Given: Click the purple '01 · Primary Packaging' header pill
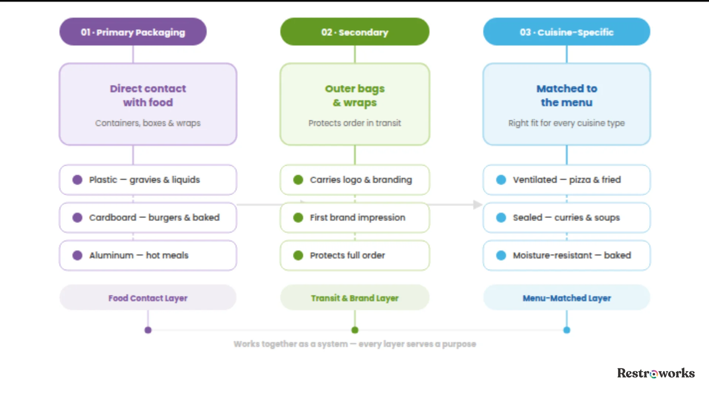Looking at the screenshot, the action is pyautogui.click(x=133, y=32).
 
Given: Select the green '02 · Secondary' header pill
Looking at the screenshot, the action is pyautogui.click(x=355, y=32).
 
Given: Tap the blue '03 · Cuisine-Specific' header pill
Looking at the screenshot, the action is pyautogui.click(x=566, y=32).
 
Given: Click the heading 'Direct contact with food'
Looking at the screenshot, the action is pyautogui.click(x=148, y=95).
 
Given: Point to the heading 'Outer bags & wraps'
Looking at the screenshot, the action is pyautogui.click(x=355, y=95).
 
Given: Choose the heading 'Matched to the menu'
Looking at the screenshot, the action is pyautogui.click(x=567, y=95).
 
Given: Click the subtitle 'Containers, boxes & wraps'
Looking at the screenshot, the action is pyautogui.click(x=148, y=123).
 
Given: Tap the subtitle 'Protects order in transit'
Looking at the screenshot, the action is pyautogui.click(x=355, y=123).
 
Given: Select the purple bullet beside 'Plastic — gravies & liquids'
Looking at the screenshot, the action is pyautogui.click(x=78, y=180).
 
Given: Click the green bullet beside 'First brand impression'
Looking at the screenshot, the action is pyautogui.click(x=298, y=218).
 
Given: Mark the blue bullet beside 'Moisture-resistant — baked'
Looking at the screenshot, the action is pyautogui.click(x=501, y=255).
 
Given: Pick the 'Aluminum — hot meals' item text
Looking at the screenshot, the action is pyautogui.click(x=139, y=255).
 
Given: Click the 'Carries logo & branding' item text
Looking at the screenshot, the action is pyautogui.click(x=361, y=180).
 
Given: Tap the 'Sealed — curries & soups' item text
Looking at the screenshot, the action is pyautogui.click(x=566, y=218).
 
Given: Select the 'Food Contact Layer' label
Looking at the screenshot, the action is pyautogui.click(x=148, y=298).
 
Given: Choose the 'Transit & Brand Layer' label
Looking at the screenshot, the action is pyautogui.click(x=355, y=298).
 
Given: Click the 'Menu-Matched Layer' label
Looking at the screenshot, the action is pyautogui.click(x=567, y=298).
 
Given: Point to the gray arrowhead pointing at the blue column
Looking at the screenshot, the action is pyautogui.click(x=478, y=205).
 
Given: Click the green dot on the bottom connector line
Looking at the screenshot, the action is pyautogui.click(x=355, y=330).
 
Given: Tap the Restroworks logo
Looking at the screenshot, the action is pyautogui.click(x=656, y=373).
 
